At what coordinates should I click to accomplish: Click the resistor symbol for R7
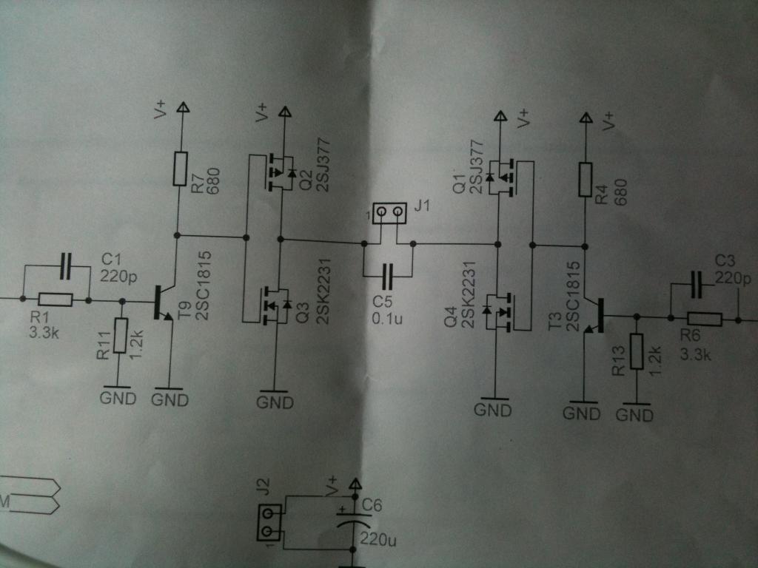click(181, 169)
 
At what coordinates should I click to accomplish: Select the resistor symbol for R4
click(586, 180)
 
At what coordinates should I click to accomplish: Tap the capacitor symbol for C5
click(388, 277)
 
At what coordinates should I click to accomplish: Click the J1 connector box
click(389, 212)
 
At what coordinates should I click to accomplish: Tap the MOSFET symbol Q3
click(276, 305)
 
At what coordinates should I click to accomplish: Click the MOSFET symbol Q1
click(500, 178)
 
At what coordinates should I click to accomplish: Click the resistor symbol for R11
click(121, 335)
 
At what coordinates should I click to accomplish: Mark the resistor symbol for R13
click(637, 351)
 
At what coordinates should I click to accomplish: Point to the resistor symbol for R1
click(56, 300)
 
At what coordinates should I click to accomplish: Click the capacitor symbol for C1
click(66, 266)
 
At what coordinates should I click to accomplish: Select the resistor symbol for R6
click(705, 319)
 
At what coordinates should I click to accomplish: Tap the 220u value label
click(378, 538)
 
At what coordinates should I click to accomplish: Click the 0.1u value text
click(387, 318)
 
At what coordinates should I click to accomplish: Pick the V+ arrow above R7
click(183, 106)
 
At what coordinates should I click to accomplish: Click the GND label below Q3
click(275, 402)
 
